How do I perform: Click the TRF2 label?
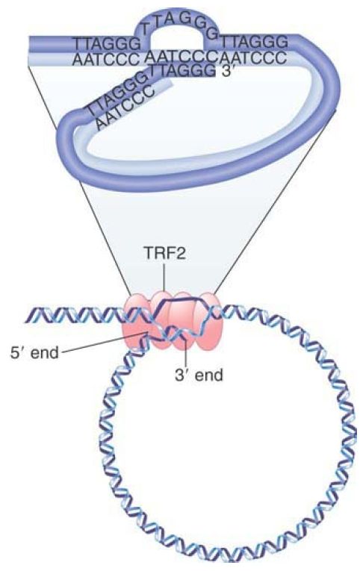pyautogui.click(x=164, y=254)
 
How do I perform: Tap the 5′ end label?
pyautogui.click(x=34, y=352)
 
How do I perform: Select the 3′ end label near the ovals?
pyautogui.click(x=199, y=375)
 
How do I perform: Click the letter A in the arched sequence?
pyautogui.click(x=169, y=19)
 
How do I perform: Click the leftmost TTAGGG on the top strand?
pyautogui.click(x=108, y=44)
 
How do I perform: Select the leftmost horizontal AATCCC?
pyautogui.click(x=106, y=58)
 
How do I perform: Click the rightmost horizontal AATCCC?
pyautogui.click(x=252, y=57)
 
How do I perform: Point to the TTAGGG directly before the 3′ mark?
pyautogui.click(x=184, y=71)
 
